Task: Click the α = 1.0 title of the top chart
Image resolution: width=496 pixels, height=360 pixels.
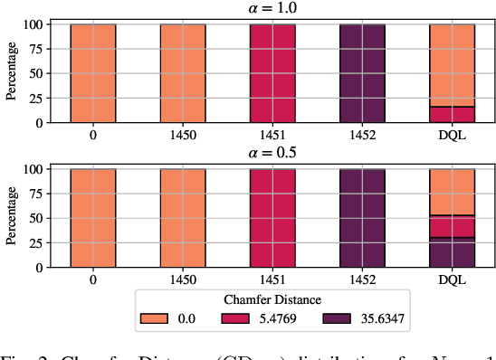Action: (272, 9)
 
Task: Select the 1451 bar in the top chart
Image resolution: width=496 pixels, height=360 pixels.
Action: (272, 72)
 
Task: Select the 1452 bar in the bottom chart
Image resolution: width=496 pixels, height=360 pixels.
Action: (362, 218)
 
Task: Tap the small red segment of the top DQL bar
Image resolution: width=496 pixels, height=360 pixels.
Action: (452, 114)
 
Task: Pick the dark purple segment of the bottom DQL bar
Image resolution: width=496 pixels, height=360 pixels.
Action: (452, 252)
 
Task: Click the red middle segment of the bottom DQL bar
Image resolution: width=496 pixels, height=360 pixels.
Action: (452, 226)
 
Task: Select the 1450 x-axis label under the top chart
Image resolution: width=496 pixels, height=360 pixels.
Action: (183, 134)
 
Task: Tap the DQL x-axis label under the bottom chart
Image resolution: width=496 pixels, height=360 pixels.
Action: (452, 279)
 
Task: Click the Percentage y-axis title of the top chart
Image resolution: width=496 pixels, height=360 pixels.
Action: (13, 72)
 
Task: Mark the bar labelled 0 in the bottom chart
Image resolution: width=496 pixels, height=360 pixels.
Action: (93, 218)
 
